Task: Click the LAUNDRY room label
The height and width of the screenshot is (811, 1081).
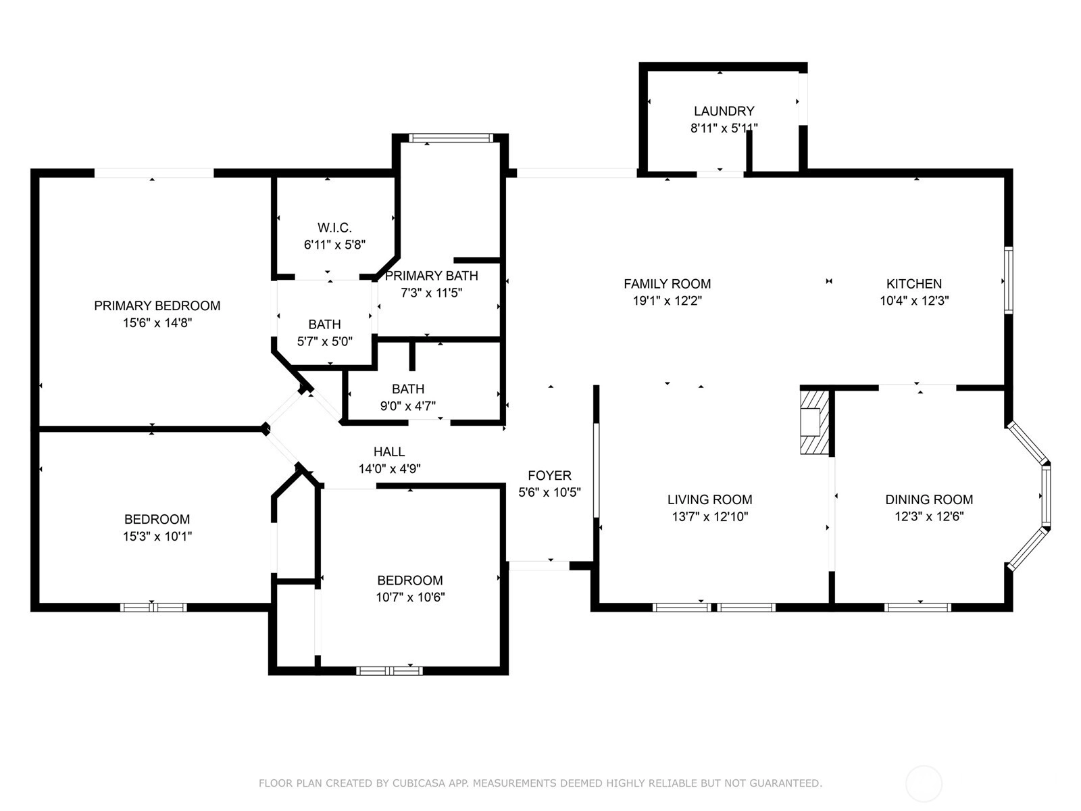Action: (724, 112)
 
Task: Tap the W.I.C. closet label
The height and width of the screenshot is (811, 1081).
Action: (334, 228)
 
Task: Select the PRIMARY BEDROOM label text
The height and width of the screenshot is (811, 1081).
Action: (157, 305)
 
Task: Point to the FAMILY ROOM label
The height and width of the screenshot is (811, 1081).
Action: (667, 284)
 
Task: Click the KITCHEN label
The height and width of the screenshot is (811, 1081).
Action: (914, 284)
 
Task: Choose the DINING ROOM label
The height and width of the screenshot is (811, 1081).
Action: (929, 500)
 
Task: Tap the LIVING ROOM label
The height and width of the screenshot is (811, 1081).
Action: (709, 500)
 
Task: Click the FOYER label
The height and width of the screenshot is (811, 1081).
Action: (549, 476)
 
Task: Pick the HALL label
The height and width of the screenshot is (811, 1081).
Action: (389, 452)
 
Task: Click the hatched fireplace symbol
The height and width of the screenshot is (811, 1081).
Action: (815, 422)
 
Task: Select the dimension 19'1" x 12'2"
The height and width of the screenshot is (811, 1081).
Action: (667, 301)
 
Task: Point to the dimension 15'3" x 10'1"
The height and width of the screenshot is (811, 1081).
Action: (157, 536)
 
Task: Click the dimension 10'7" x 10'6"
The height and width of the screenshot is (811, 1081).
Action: (410, 597)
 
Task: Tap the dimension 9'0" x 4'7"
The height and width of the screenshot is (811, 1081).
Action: (408, 406)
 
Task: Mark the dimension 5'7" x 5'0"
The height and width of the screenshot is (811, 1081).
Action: (324, 342)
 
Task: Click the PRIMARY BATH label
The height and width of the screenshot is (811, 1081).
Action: (432, 276)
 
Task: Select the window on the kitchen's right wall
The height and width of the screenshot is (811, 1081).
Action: (1008, 280)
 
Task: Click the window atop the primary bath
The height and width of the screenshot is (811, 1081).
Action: (451, 138)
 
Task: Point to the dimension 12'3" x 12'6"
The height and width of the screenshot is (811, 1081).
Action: (929, 516)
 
